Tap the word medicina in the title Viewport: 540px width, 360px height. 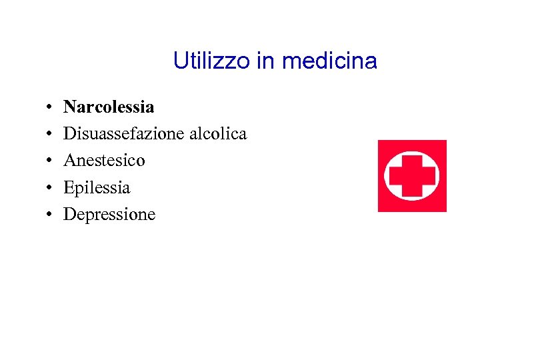pos(329,61)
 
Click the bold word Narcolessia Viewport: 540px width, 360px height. pos(109,107)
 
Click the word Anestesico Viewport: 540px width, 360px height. pos(104,161)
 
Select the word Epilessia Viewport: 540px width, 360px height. pos(97,188)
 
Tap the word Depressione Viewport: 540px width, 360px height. pos(109,215)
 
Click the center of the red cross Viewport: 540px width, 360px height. pos(412,175)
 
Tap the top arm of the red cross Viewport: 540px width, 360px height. pos(412,160)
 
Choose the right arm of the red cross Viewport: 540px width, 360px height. pos(428,175)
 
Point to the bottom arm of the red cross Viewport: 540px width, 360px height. pos(412,191)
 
